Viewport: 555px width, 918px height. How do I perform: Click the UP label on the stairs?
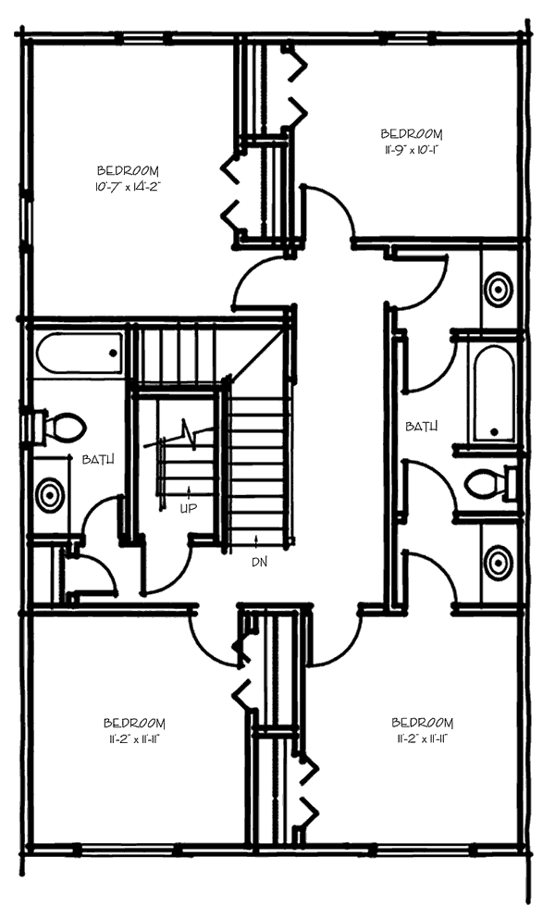[189, 507]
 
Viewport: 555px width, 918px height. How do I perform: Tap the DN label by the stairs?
[259, 561]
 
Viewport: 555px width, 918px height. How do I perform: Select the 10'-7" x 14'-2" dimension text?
[128, 187]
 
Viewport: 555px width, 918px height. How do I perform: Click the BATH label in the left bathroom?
[98, 459]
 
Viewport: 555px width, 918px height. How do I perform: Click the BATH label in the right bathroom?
[421, 427]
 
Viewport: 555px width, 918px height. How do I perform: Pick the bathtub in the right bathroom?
[494, 393]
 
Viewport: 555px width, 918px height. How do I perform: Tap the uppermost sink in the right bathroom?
[499, 288]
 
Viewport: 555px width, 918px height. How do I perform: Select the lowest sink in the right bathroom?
[499, 562]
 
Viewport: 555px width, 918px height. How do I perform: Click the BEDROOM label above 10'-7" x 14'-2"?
[128, 171]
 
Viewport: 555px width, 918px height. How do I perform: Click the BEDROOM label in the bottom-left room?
[134, 723]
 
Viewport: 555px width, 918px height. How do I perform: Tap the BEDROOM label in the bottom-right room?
[423, 723]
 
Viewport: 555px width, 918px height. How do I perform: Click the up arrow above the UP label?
[189, 491]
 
